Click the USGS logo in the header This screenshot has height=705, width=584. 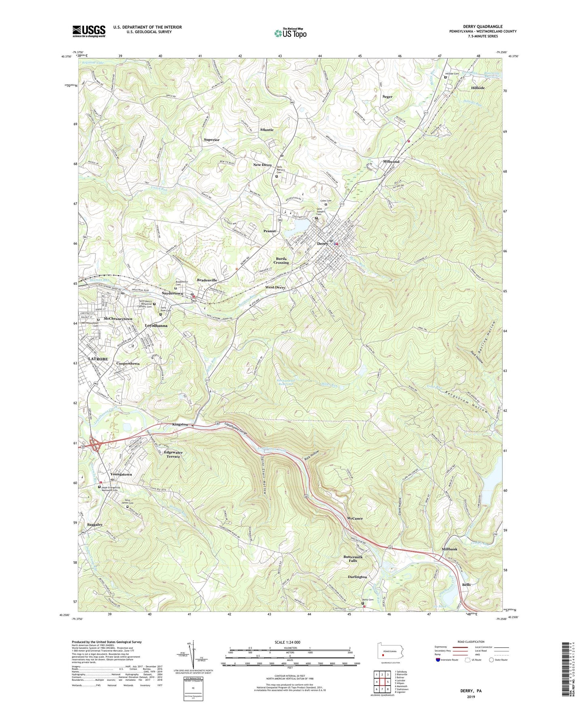coord(89,31)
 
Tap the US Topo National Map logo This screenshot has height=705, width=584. coord(290,33)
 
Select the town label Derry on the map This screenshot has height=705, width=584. coord(323,244)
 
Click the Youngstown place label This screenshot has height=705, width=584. coord(121,474)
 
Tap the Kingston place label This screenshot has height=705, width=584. coord(180,424)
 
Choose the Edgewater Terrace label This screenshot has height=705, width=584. coord(173,454)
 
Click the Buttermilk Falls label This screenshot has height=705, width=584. coord(353,558)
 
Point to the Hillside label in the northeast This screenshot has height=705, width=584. coord(478,88)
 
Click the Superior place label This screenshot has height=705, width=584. coord(212,140)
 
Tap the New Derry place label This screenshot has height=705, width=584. coord(263,165)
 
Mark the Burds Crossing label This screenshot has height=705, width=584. coord(281,260)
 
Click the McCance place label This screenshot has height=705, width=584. coord(355,518)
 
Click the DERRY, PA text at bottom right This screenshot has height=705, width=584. coord(471,691)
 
